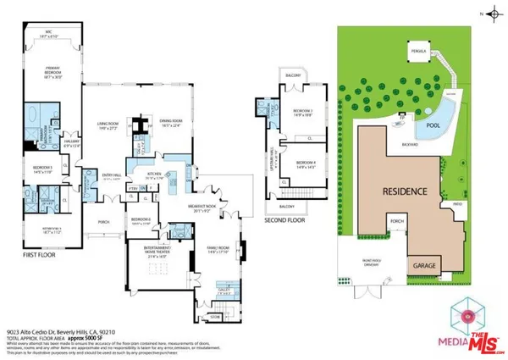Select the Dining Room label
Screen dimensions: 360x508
tap(172, 121)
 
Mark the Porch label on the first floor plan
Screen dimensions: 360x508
tap(103, 224)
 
